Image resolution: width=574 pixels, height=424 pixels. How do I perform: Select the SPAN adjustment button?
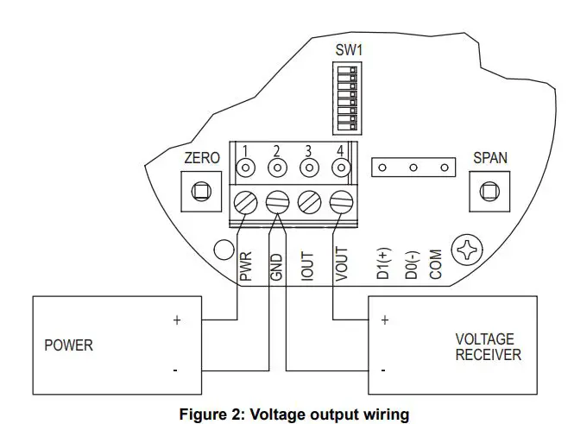click(x=489, y=191)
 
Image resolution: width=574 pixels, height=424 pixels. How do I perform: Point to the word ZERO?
click(x=202, y=159)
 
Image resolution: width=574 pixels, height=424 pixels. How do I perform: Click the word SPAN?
click(x=490, y=159)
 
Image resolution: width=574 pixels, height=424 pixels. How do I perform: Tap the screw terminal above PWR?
click(x=247, y=202)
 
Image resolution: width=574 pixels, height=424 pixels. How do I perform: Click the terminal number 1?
click(x=246, y=151)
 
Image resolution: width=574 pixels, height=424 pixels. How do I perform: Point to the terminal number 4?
click(x=340, y=151)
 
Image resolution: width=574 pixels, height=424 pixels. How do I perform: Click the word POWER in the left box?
click(x=69, y=345)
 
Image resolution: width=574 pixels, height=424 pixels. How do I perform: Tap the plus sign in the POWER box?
click(x=177, y=320)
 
